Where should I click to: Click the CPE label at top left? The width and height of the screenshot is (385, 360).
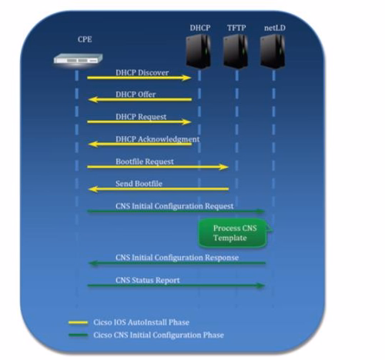[84, 38]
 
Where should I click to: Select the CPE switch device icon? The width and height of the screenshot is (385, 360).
[78, 58]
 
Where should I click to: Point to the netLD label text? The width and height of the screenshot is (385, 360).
[270, 27]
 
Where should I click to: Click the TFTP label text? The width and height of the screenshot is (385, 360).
[236, 27]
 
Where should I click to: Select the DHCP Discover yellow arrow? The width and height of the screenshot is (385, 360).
[139, 78]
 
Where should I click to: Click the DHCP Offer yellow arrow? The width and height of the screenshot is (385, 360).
[139, 100]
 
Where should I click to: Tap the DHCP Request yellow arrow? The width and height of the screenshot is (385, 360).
[139, 122]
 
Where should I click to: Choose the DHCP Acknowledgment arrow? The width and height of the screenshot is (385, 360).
[139, 144]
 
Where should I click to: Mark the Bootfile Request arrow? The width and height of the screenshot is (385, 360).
[158, 166]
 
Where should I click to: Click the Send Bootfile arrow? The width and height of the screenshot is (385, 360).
[158, 188]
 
